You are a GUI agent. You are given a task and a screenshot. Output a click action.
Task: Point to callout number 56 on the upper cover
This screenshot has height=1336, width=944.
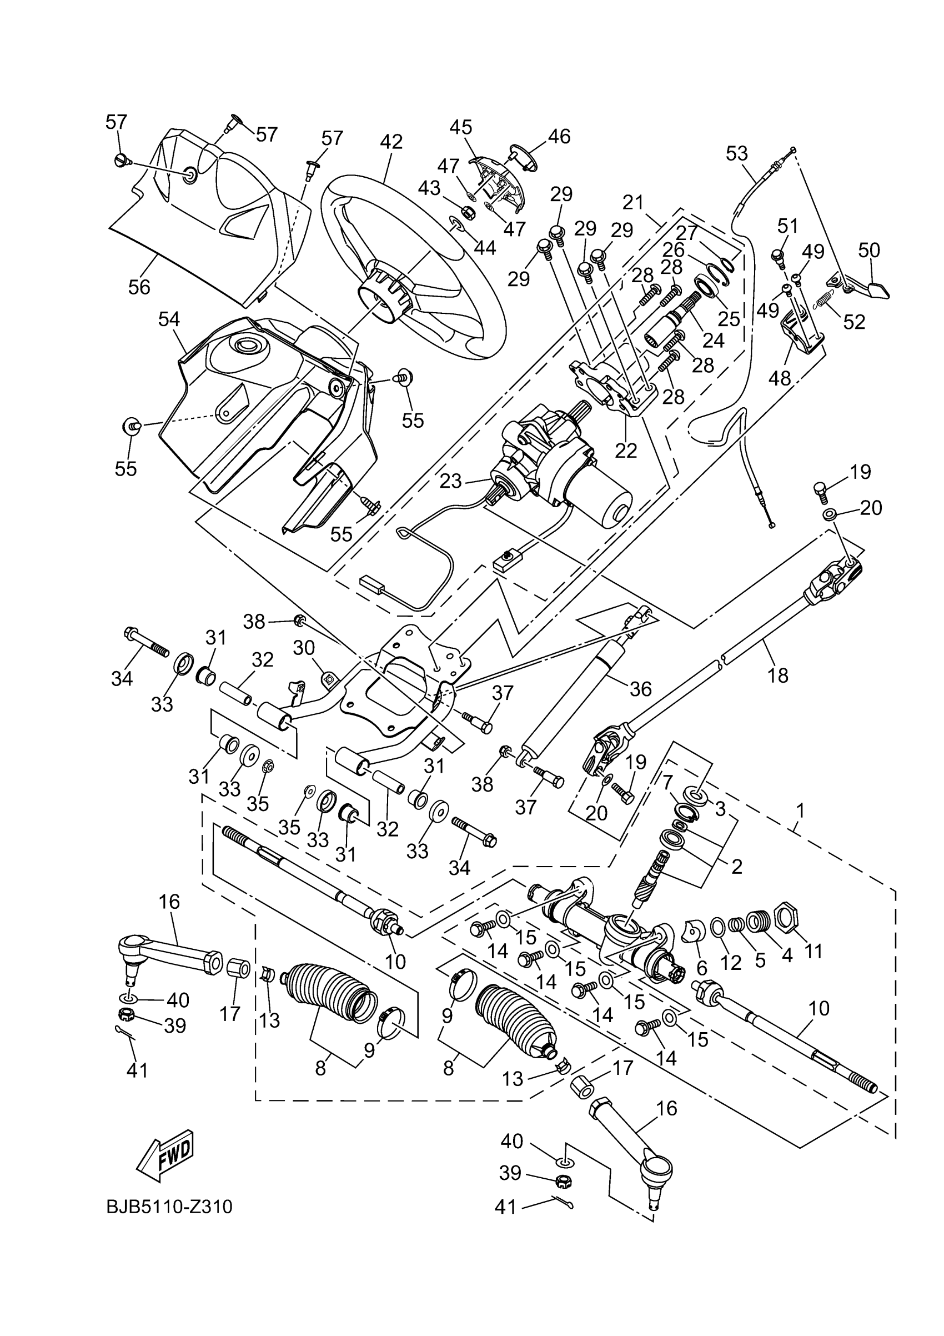pos(139,287)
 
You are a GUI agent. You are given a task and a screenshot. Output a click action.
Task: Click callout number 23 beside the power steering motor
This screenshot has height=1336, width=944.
pos(450,481)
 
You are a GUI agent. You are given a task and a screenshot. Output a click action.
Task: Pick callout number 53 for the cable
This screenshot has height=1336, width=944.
pos(736,154)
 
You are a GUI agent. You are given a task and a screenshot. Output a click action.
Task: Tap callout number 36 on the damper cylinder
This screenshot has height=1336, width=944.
pos(641,689)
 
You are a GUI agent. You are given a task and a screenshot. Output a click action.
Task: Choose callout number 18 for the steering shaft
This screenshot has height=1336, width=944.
pos(777,675)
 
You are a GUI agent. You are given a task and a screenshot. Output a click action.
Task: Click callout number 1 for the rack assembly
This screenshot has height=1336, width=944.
pos(800,810)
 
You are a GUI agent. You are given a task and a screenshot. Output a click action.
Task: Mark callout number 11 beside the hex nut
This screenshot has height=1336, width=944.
pos(813,951)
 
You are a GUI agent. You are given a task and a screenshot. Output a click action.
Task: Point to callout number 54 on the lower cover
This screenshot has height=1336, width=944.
pos(169,319)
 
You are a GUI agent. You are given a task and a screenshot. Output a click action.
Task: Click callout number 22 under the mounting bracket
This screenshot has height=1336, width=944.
pos(626,450)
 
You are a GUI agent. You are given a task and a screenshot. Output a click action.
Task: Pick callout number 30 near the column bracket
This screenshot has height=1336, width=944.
pos(304,648)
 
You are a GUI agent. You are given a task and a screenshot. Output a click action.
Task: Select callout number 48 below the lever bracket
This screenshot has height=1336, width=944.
pos(780,379)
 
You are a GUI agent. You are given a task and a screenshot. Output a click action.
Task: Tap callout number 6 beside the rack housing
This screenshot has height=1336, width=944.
pos(701,968)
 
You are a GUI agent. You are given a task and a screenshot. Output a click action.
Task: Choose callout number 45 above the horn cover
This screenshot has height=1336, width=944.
pos(461,127)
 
